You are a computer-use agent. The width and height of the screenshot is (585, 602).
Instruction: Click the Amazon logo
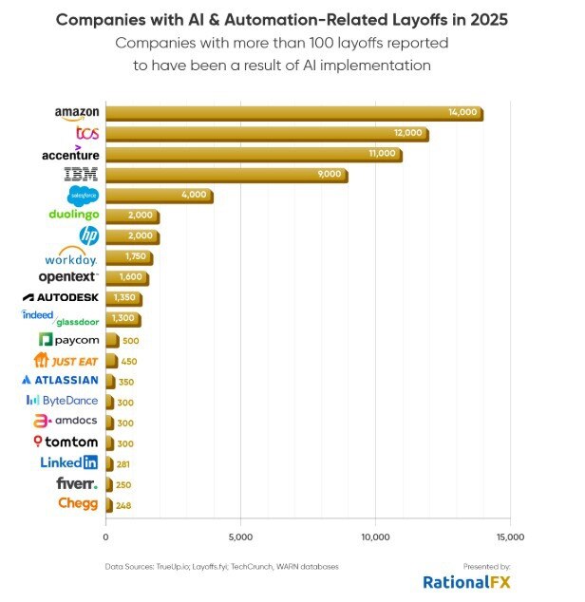point(77,113)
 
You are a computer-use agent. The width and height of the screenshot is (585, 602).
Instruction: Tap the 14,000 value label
point(463,113)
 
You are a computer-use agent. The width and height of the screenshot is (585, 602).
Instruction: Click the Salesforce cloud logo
point(83,195)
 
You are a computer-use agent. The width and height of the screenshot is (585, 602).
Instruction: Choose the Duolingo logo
point(73,215)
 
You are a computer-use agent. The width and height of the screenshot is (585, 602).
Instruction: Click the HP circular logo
point(88,235)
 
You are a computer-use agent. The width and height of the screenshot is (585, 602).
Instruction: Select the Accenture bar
point(254,154)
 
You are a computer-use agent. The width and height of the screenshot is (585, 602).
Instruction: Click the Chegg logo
point(78,503)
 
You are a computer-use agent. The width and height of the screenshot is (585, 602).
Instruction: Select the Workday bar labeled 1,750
point(128,256)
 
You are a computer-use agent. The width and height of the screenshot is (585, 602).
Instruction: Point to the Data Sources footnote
point(221,567)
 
